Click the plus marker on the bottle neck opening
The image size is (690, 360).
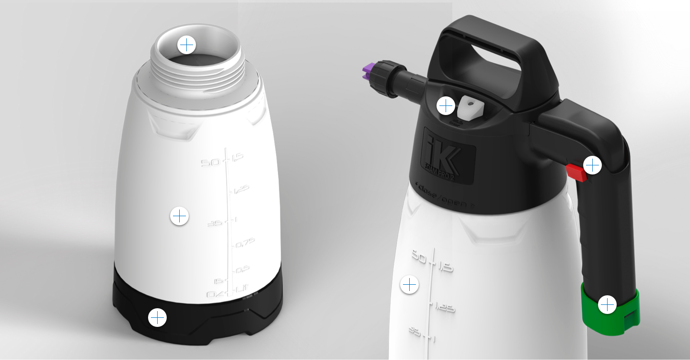(186, 45)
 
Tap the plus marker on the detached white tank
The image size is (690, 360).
(179, 216)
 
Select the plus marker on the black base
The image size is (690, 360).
(157, 317)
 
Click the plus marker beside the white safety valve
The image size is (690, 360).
(446, 106)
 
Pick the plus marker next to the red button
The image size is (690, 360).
(593, 165)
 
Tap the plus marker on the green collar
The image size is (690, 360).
(607, 304)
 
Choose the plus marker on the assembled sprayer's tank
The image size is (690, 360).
(409, 285)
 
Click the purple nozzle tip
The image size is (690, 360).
(367, 72)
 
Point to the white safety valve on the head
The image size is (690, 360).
(469, 107)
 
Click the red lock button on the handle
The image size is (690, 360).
(575, 172)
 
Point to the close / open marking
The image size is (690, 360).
(446, 194)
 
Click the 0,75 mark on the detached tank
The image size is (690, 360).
(245, 243)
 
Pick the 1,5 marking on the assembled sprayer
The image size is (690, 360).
(445, 267)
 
